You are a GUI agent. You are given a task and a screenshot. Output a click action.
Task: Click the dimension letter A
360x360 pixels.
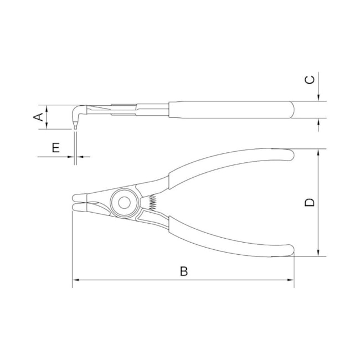(x=38, y=117)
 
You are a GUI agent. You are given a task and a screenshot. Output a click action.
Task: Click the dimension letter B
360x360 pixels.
(x=184, y=271)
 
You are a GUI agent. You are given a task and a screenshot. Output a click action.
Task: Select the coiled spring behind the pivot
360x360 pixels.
(x=151, y=203)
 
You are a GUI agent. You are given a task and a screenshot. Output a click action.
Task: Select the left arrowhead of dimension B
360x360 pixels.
(x=75, y=281)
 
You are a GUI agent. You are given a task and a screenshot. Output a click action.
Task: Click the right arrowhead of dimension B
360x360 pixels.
(x=291, y=281)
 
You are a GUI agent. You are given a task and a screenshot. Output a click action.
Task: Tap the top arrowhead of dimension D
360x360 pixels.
(x=319, y=152)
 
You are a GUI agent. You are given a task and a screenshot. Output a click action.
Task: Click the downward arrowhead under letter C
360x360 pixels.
(x=319, y=99)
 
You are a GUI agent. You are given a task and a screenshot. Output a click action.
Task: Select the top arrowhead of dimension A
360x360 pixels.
(x=47, y=107)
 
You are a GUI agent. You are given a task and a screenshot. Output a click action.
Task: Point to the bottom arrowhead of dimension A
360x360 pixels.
(x=47, y=127)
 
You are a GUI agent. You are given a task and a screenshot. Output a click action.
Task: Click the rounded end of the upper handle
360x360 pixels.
(x=290, y=153)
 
